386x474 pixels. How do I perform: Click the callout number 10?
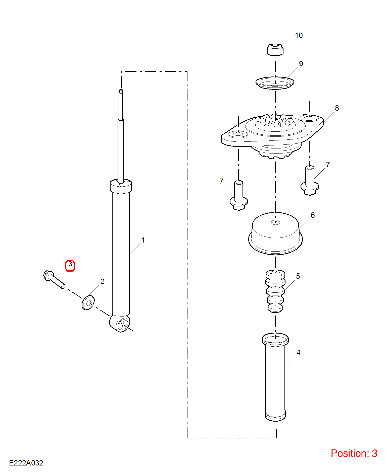click(299, 35)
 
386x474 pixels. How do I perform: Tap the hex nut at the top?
click(275, 49)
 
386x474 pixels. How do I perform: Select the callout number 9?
click(301, 64)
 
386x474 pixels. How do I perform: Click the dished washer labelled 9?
click(275, 83)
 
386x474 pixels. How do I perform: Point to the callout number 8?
click(337, 108)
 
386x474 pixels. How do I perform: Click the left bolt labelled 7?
click(239, 195)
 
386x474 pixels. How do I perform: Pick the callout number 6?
click(313, 215)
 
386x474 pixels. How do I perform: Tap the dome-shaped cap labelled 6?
click(275, 233)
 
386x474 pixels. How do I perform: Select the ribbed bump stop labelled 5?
click(275, 291)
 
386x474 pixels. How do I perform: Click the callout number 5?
click(298, 276)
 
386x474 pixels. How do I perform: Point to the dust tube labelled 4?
click(275, 377)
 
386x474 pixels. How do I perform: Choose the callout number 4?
click(298, 352)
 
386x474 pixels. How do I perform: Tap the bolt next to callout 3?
click(54, 279)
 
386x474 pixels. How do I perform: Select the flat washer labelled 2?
click(88, 303)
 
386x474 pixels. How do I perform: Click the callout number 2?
click(102, 281)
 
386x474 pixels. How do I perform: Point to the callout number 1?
click(143, 240)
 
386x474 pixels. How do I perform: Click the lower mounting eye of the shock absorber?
click(120, 324)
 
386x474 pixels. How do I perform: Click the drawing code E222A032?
click(26, 463)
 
